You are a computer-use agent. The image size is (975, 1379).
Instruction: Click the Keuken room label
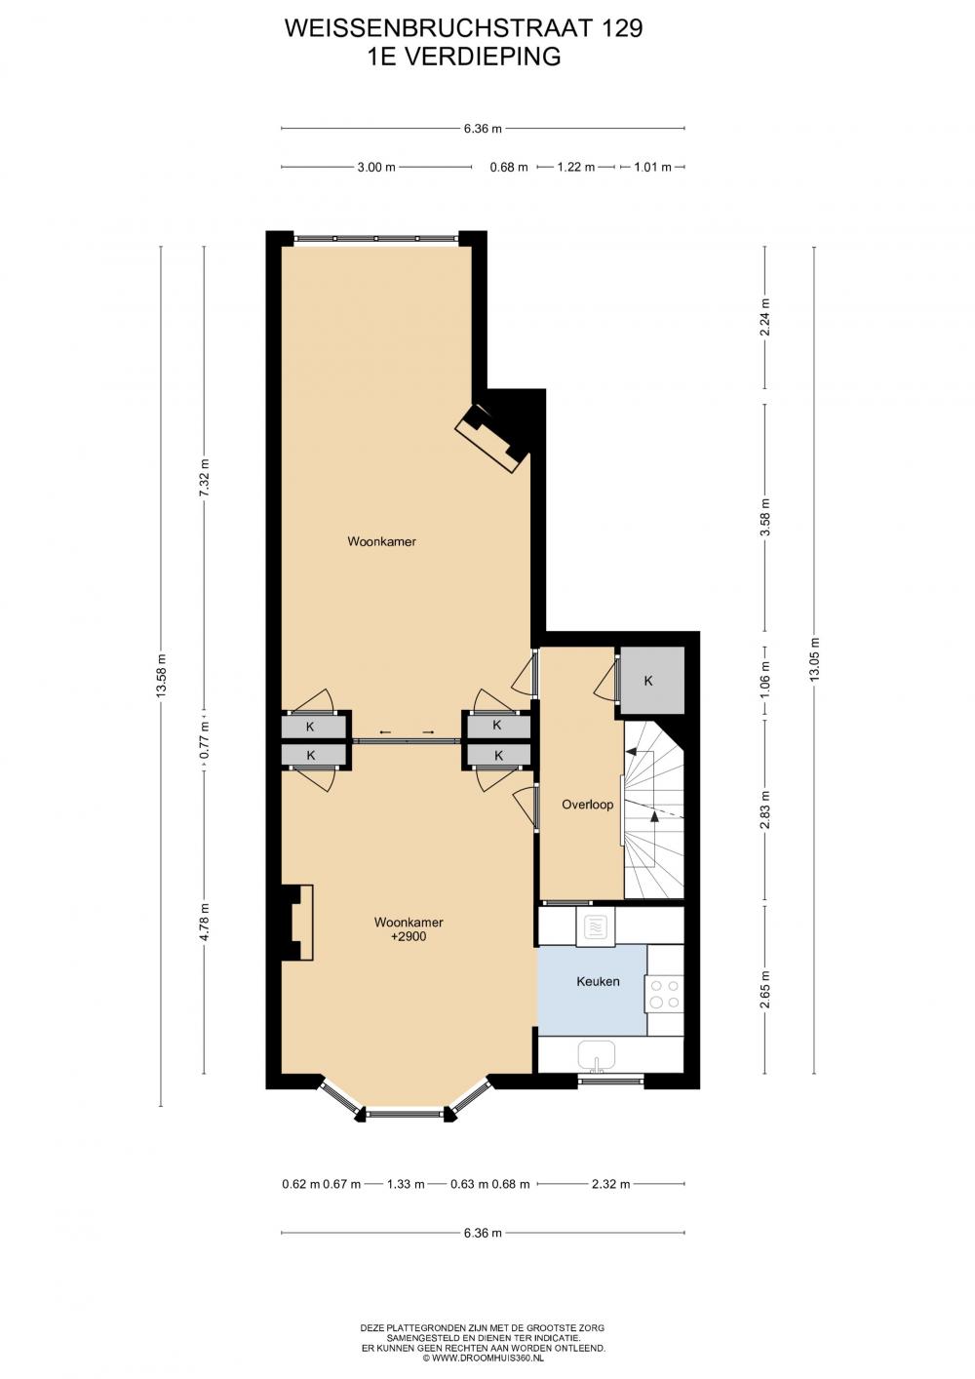click(598, 981)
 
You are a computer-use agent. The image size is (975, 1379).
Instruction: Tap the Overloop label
click(587, 804)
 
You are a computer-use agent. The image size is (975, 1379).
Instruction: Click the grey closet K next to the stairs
click(652, 681)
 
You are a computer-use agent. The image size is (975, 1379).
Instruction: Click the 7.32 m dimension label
click(205, 473)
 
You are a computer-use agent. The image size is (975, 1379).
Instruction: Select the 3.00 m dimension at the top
click(376, 167)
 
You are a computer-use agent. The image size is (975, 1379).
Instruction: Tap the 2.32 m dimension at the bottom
click(610, 1184)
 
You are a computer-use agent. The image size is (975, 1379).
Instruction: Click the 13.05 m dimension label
click(814, 658)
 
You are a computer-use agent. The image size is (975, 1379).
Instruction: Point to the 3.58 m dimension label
click(765, 518)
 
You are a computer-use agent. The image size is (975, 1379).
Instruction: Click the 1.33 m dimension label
click(405, 1184)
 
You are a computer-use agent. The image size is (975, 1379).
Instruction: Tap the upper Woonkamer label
click(381, 542)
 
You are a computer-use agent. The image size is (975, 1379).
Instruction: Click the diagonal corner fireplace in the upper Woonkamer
click(492, 438)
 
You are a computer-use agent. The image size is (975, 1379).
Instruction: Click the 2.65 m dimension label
click(765, 990)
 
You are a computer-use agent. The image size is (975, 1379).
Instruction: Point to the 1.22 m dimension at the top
click(576, 167)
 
